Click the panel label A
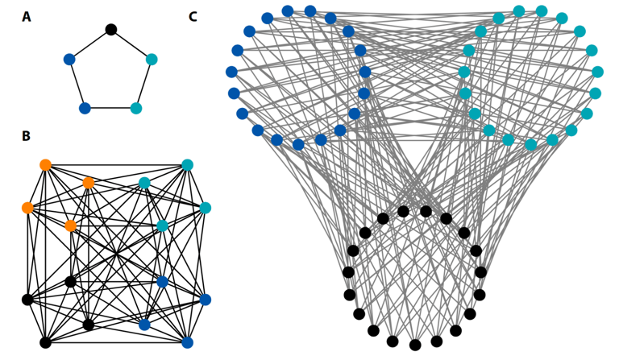click(x=27, y=17)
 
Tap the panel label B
click(x=26, y=137)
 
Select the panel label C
click(x=193, y=17)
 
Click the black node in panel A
click(x=111, y=30)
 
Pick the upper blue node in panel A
click(x=69, y=59)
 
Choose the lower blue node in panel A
click(x=85, y=108)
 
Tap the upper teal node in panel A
click(x=152, y=59)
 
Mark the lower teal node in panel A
click(x=136, y=108)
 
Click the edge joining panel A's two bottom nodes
click(x=110, y=108)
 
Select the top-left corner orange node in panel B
click(x=45, y=165)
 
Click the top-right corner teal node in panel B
click(x=187, y=165)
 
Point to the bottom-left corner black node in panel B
click(x=45, y=342)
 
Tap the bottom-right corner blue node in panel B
click(x=187, y=342)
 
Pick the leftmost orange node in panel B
click(x=27, y=208)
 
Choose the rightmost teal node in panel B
click(x=205, y=208)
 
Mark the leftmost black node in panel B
click(x=27, y=300)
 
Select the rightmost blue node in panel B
click(x=205, y=300)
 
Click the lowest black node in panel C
click(x=415, y=345)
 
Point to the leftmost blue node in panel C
click(x=231, y=72)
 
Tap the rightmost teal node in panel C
click(x=597, y=72)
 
